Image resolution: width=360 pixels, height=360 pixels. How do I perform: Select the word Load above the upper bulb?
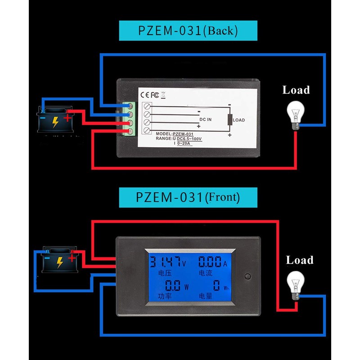(x=296, y=90)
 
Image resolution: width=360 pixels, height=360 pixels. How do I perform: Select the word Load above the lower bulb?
(x=300, y=260)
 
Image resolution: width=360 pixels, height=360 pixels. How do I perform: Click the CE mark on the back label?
(x=145, y=95)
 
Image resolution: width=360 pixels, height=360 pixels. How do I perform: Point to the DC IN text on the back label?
(x=205, y=120)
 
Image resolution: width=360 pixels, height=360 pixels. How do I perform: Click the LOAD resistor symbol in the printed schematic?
(x=230, y=120)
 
